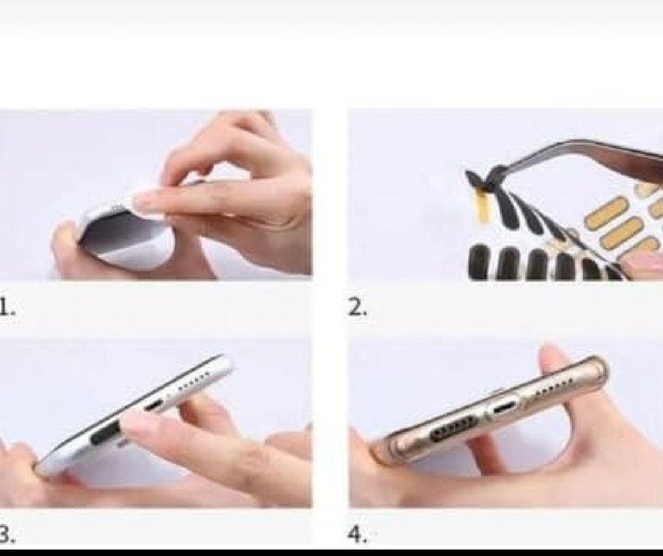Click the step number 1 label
pyautogui.click(x=7, y=309)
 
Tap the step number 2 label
pyautogui.click(x=356, y=309)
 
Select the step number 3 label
pyautogui.click(x=7, y=535)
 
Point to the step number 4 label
pyautogui.click(x=357, y=535)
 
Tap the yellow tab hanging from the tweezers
pyautogui.click(x=482, y=205)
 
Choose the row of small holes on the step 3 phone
pyautogui.click(x=197, y=381)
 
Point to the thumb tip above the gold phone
pyautogui.click(x=552, y=357)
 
